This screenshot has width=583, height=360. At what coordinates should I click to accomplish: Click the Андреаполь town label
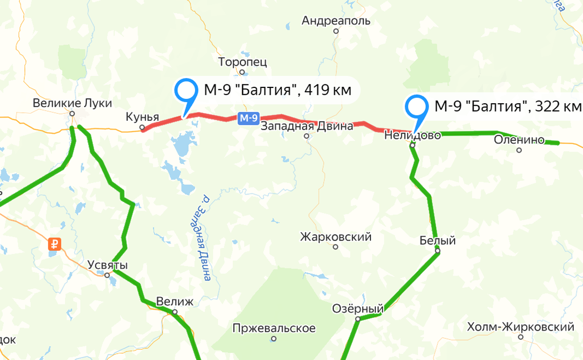point(335,21)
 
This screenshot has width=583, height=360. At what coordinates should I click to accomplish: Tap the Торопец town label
point(242,62)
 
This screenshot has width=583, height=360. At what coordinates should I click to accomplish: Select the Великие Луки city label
point(72,103)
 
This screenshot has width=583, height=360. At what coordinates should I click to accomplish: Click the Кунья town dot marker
point(142,127)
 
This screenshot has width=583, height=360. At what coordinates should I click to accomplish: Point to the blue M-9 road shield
point(248,118)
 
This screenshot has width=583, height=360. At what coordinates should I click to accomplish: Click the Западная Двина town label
point(307,126)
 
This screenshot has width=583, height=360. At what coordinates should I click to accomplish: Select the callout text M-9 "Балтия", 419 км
point(277,90)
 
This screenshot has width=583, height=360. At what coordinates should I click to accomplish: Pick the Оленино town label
point(519,140)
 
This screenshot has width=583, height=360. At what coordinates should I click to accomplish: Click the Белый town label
point(437,241)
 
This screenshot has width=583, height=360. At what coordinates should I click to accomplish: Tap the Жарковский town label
point(335,238)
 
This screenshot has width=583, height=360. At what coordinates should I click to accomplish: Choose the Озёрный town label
point(356,308)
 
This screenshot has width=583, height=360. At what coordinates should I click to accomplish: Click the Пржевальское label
point(274,328)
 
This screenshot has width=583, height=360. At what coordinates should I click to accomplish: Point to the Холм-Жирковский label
point(521,327)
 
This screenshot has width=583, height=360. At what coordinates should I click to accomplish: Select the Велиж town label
point(174,301)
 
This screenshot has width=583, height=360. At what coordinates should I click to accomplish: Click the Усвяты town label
point(107,265)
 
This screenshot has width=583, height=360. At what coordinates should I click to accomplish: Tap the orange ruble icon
point(55,243)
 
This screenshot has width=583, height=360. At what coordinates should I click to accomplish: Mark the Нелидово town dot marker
point(412,145)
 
